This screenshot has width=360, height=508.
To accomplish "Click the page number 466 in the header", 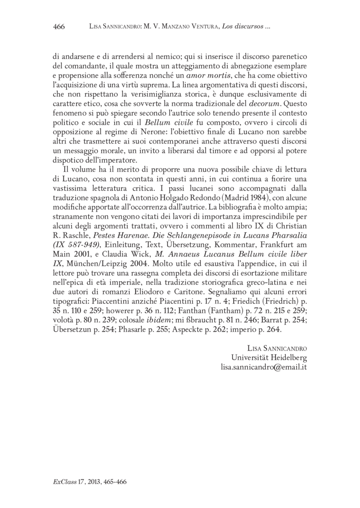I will tap(59, 27).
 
